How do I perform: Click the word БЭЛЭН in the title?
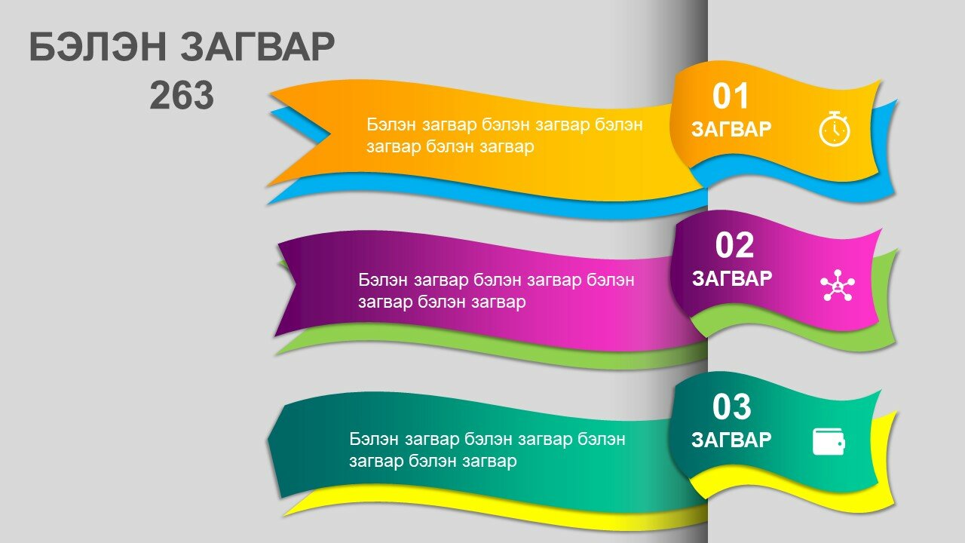point(98,47)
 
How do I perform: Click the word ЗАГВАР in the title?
point(258,47)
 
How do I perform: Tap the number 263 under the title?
point(182,95)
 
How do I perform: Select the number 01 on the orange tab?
point(731,96)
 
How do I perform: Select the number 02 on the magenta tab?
point(734,245)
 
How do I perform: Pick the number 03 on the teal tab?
point(731,406)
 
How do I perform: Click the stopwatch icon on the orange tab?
point(835,129)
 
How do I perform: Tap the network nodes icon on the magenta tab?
point(838,285)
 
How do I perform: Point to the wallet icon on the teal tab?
point(829,441)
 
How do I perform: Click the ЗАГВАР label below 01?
point(731,129)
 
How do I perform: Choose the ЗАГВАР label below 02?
point(732,278)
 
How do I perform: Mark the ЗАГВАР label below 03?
point(731,440)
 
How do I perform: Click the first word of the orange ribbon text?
point(391,125)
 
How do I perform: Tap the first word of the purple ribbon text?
point(383,280)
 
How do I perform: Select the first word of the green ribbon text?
point(374,439)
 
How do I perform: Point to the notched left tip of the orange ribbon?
point(330,135)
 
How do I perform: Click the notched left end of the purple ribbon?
point(296,284)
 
